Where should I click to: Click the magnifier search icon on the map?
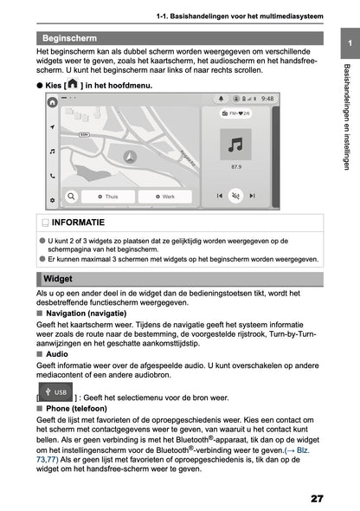pyautogui.click(x=70, y=197)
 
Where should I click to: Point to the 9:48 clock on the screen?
pyautogui.click(x=267, y=100)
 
